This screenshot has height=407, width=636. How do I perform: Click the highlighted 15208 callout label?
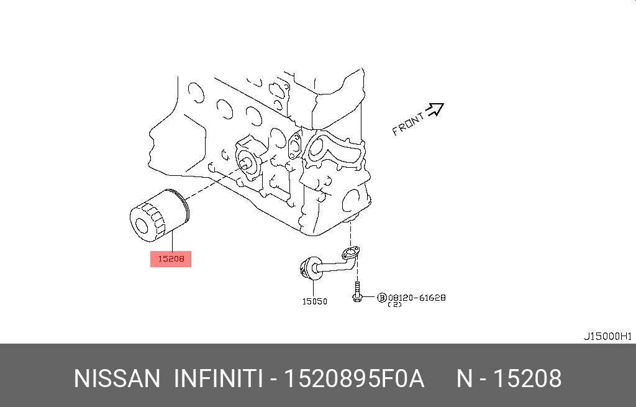(x=170, y=258)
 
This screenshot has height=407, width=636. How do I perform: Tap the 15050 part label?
(x=314, y=301)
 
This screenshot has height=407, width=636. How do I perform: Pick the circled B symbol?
(x=382, y=298)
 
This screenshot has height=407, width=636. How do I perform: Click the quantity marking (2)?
(x=396, y=304)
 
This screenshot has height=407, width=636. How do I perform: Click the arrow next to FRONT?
(x=436, y=109)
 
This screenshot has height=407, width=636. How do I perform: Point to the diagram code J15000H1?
(x=607, y=336)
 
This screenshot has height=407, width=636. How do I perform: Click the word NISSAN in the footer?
(x=116, y=378)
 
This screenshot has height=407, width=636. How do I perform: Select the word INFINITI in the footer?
(x=217, y=378)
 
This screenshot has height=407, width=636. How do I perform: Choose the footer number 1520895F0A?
(x=353, y=378)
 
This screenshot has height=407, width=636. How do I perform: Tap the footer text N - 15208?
(x=509, y=378)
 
